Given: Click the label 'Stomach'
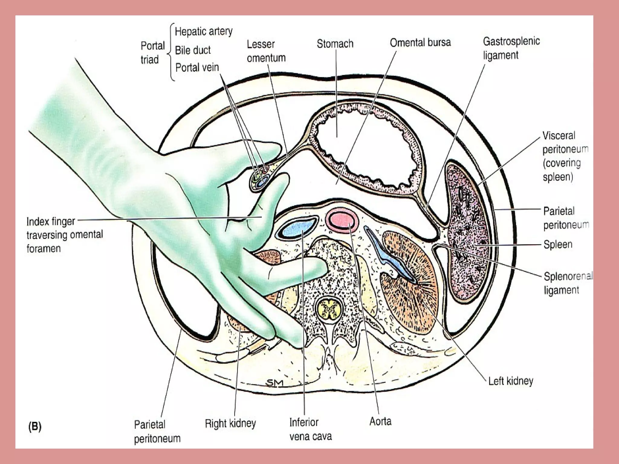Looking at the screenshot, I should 335,44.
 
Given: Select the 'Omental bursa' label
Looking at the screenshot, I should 420,43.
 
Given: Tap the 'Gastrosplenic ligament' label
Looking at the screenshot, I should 511,48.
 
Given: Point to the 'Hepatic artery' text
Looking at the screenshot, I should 204,31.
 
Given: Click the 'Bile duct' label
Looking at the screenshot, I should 193,50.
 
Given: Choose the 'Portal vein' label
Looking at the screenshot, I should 197,67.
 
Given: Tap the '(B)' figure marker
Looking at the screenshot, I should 34,426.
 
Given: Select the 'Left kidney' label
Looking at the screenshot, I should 510,381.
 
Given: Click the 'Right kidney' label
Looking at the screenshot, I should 230,423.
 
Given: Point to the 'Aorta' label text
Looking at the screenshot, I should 380,421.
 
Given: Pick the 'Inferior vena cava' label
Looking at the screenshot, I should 310,429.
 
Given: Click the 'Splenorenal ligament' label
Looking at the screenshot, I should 568,283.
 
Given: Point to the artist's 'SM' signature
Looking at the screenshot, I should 274,383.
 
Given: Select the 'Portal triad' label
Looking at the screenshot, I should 152,53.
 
